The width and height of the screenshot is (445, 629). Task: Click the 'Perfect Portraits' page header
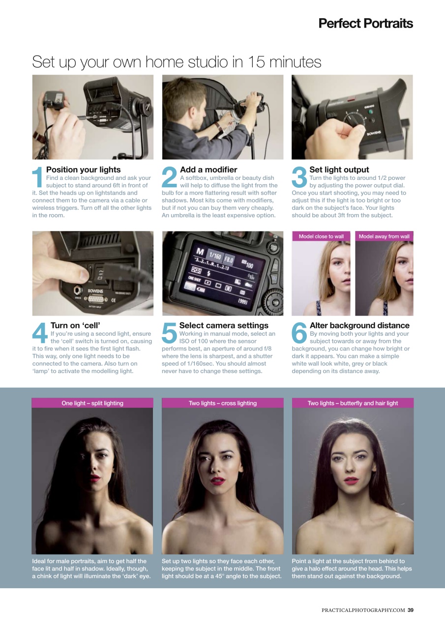365,23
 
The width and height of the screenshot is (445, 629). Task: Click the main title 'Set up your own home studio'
177,62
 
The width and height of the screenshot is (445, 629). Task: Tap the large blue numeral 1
38,178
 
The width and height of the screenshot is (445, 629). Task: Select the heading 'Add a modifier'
208,170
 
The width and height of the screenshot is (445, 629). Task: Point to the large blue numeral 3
299,178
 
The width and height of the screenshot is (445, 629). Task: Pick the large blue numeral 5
169,334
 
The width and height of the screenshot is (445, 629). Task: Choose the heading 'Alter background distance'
359,325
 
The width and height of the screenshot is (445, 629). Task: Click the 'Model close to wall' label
321,236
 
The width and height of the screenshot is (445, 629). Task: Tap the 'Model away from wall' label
384,236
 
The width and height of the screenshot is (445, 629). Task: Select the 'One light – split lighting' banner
92,403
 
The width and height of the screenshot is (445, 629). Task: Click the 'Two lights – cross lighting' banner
223,403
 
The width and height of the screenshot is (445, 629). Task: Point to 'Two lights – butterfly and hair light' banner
353,403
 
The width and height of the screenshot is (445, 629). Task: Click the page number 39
410,610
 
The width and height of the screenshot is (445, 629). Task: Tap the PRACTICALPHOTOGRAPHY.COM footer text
363,610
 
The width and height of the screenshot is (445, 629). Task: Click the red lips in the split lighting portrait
95,477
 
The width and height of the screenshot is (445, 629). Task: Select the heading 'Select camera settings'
224,325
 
